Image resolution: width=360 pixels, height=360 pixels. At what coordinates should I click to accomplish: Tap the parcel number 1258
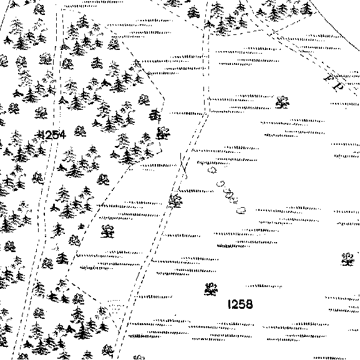click(240, 304)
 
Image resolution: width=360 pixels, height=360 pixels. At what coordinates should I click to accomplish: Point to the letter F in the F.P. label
click(329, 77)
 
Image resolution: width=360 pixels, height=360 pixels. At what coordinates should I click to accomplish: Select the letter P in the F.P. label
click(339, 86)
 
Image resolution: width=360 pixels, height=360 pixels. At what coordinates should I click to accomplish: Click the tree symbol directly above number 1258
click(211, 289)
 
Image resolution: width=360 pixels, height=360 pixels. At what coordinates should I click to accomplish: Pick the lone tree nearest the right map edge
click(348, 260)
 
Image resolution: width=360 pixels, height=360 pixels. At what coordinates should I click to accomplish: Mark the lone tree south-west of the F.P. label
click(283, 102)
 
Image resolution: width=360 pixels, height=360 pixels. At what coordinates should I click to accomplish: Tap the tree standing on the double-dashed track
click(175, 201)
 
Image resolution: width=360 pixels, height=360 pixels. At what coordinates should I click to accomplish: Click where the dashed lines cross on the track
click(183, 166)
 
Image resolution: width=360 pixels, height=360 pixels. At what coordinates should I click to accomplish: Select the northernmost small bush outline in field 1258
click(212, 170)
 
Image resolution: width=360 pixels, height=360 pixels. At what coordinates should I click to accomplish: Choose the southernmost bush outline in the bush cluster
click(241, 210)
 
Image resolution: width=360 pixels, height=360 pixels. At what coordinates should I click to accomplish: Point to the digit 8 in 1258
click(250, 304)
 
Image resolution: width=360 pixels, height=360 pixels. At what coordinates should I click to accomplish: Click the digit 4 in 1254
click(62, 135)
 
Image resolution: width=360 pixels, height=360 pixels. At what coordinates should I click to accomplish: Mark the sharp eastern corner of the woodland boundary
click(164, 99)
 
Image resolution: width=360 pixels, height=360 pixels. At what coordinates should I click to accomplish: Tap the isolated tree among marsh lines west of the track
click(107, 231)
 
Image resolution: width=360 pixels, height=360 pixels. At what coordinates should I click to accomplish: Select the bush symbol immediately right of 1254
click(80, 131)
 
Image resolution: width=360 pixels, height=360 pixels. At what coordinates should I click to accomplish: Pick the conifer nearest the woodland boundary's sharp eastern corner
click(155, 115)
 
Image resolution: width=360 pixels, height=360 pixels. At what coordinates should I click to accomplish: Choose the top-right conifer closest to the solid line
click(306, 9)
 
